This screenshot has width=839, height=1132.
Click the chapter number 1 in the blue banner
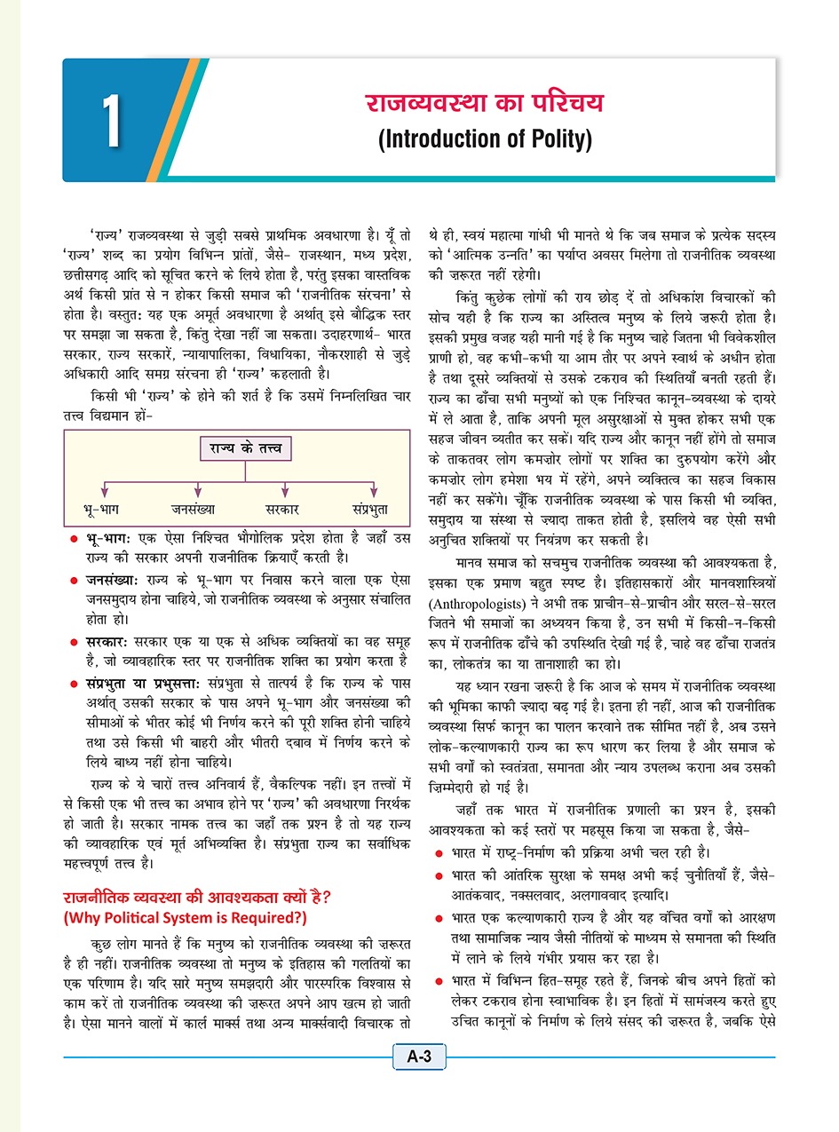[112, 122]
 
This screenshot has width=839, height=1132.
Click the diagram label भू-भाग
[102, 510]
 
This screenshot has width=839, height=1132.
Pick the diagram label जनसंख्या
[194, 510]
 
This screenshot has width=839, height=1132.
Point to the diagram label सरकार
[282, 510]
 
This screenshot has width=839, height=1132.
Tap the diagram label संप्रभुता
[374, 510]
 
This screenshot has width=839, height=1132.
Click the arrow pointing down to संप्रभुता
[374, 489]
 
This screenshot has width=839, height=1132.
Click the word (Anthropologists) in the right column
[484, 624]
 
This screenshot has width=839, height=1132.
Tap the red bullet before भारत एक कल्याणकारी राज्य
[440, 914]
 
